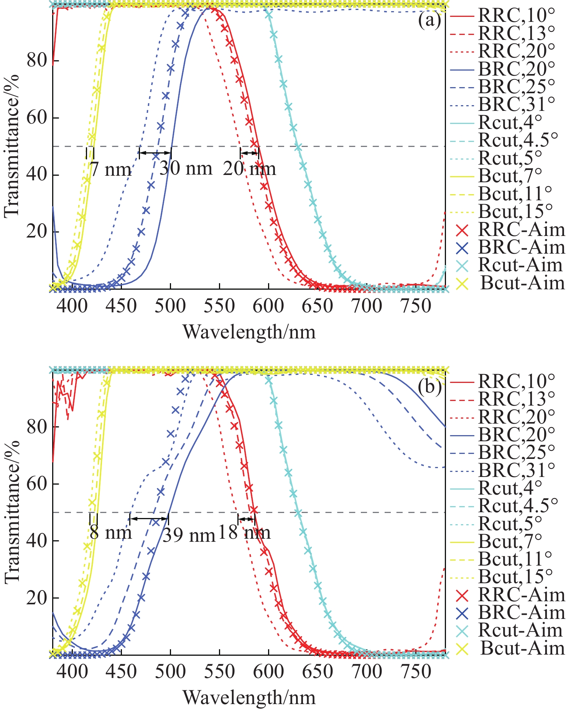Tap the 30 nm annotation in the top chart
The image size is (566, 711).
[x=186, y=168]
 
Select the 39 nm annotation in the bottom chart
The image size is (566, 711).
[x=189, y=535]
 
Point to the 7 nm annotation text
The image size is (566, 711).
[x=111, y=169]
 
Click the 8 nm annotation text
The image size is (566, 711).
[x=111, y=532]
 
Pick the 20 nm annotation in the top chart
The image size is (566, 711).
[x=250, y=168]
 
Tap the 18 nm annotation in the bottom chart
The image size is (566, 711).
[x=245, y=532]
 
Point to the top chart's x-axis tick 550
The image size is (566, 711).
[x=219, y=306]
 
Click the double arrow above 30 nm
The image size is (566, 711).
[x=155, y=153]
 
